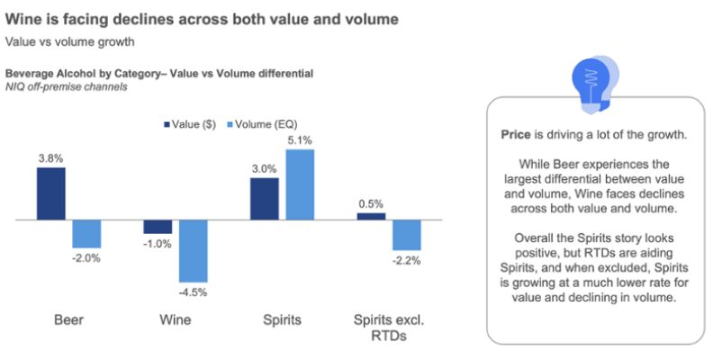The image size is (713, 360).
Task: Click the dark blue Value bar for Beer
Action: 50,193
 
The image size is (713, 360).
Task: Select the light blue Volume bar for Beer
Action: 87,234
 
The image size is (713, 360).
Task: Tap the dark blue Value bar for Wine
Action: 158,227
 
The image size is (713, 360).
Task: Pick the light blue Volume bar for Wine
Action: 194,251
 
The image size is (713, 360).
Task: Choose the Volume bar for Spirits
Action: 301,184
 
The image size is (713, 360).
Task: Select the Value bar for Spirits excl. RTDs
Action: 371,216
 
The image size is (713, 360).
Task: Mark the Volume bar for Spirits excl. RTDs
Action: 407,235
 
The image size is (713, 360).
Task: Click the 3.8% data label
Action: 50,158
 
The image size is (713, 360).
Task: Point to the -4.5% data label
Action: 194,291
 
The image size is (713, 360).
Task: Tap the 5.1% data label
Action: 301,140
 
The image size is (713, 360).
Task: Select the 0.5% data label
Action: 371,204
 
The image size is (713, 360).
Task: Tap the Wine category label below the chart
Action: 175,319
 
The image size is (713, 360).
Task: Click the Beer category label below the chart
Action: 68,319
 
